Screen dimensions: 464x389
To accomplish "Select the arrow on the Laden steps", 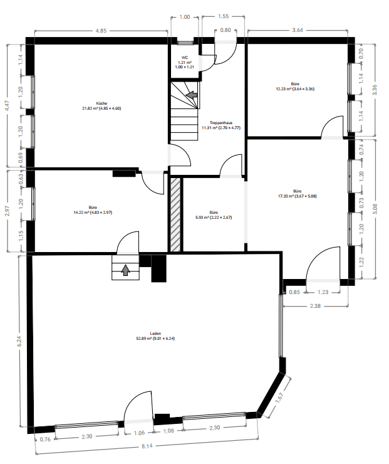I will (125, 270).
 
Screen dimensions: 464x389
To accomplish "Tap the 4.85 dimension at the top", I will (101, 29).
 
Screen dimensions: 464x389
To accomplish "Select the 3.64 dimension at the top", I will (298, 29).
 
